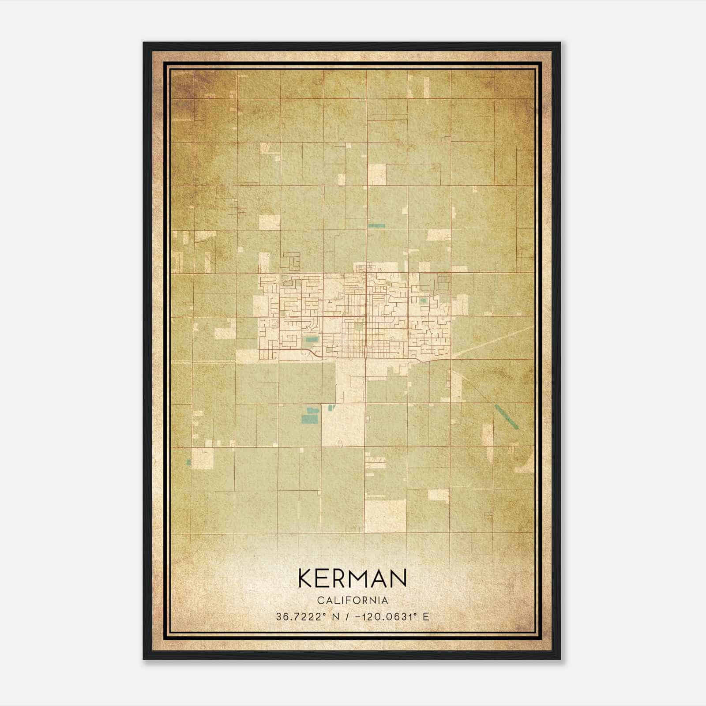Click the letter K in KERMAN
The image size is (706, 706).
coord(306,578)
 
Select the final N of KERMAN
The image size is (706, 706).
coord(398,578)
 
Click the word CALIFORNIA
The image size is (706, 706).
coord(353,600)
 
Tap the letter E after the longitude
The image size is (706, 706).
coord(425,616)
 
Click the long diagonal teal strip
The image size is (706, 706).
coord(506,416)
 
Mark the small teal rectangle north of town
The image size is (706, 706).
coord(376,225)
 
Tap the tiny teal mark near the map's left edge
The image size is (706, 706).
coord(189,462)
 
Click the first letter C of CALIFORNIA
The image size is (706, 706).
coord(319,600)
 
